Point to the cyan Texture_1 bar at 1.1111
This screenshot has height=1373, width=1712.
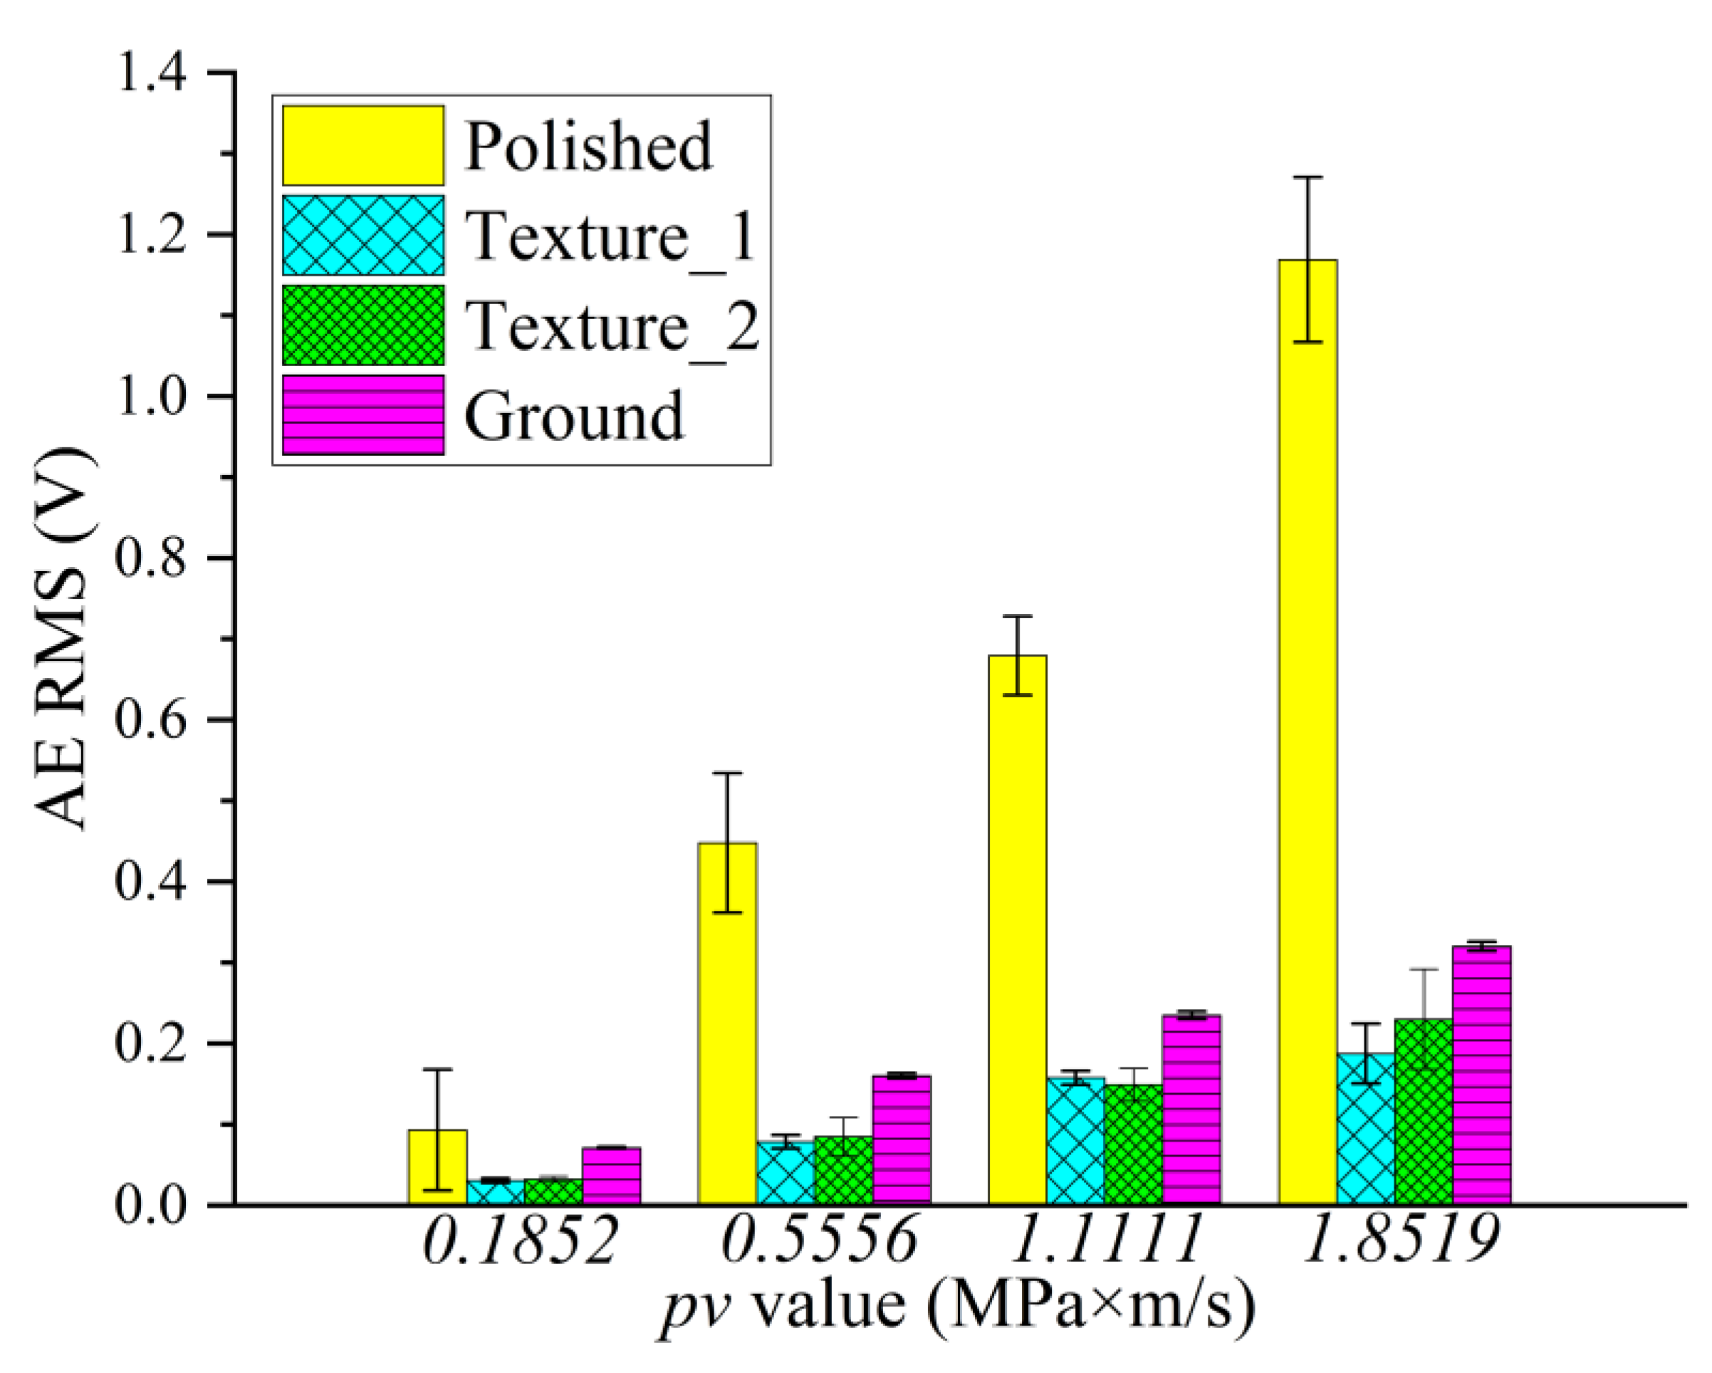click(x=1075, y=1140)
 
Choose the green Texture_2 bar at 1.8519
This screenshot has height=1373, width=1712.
click(x=1423, y=1112)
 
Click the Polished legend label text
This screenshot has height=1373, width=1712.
click(x=588, y=147)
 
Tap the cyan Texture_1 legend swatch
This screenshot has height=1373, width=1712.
click(x=363, y=236)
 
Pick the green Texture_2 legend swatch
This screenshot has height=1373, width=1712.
click(x=363, y=325)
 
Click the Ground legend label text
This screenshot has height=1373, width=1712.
click(x=573, y=416)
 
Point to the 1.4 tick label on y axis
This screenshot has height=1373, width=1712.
click(x=151, y=73)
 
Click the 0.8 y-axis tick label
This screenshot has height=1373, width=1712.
click(x=151, y=558)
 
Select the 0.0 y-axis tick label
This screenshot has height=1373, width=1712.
click(x=151, y=1205)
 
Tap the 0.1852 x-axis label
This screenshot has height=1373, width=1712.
click(x=520, y=1264)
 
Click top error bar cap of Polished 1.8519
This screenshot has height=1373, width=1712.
click(x=1307, y=177)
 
